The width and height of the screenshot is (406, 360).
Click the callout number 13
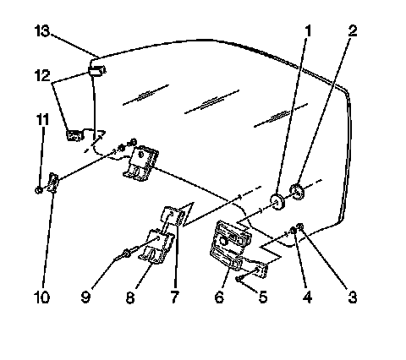point(42,30)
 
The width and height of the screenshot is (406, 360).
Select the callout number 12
point(42,75)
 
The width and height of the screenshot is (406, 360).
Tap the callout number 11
point(42,119)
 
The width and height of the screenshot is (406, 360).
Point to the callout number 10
point(41,297)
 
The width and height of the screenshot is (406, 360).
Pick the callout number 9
point(85,297)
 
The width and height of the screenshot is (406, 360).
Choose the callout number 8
point(130,297)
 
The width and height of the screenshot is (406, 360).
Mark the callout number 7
point(175,297)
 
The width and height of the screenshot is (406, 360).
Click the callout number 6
point(219,297)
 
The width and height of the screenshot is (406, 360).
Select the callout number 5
point(263,297)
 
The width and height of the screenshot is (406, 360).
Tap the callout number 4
point(308,297)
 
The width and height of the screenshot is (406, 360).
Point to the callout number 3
point(352,297)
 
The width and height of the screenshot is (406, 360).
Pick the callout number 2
point(353,30)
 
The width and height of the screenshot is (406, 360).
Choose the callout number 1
point(308,30)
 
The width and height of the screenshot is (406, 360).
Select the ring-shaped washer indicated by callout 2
point(297,192)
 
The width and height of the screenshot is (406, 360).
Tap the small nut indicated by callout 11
point(39,190)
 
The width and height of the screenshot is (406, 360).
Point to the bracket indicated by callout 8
point(156,246)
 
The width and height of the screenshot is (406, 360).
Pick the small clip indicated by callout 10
point(53,183)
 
